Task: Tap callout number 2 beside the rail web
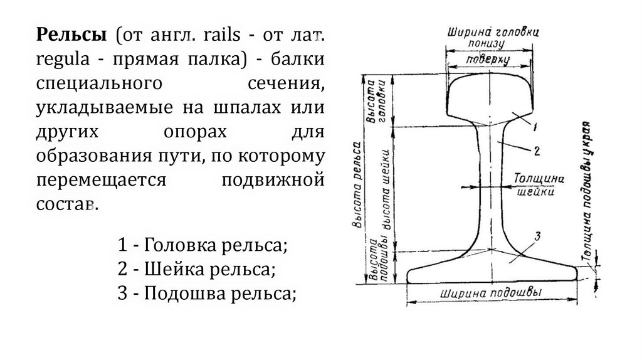pos(537,151)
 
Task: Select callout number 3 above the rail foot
pos(537,236)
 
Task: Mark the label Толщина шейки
pos(535,186)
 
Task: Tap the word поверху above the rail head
pos(488,60)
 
